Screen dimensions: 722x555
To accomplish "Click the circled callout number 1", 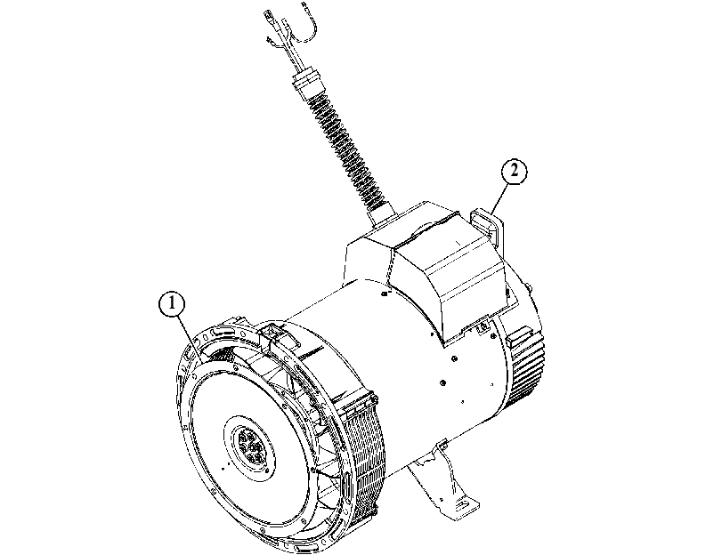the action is click(172, 304).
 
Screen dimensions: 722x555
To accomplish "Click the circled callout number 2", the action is click(514, 171).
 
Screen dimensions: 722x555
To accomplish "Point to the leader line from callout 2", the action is click(499, 197).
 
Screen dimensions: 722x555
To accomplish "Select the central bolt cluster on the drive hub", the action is click(250, 446).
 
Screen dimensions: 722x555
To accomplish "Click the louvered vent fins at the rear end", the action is click(526, 369).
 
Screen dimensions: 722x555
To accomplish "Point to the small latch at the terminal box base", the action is click(483, 326).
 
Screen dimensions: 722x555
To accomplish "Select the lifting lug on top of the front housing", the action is click(272, 334).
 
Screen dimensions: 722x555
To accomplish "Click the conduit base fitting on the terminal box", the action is click(381, 213).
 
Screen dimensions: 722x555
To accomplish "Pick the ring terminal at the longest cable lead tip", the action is click(268, 17).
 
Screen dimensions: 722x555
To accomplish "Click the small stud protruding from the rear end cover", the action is click(530, 288).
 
